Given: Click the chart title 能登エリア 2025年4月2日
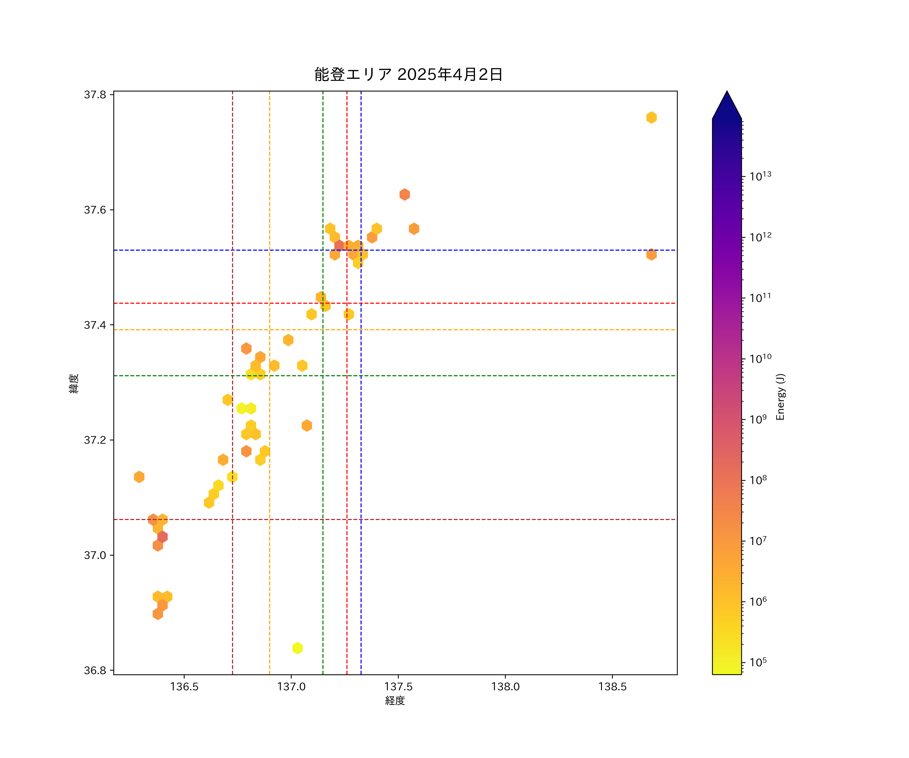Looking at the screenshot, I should [x=408, y=75].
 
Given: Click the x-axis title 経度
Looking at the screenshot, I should [x=395, y=700].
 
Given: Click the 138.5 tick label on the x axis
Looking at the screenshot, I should [x=612, y=686].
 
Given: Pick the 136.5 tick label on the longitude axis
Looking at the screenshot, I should [x=184, y=686].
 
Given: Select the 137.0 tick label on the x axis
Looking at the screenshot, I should [x=291, y=686].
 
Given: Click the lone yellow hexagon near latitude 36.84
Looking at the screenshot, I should [x=297, y=648].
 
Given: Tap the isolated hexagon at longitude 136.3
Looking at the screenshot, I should [x=139, y=477].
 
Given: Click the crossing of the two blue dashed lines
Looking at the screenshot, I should [x=361, y=250].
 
